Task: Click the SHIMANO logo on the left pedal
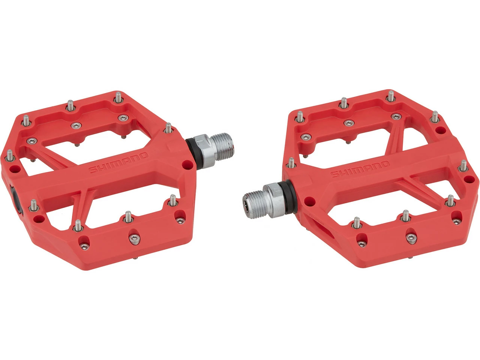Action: point(118,163)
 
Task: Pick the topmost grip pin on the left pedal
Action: point(118,97)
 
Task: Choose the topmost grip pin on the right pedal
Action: point(391,96)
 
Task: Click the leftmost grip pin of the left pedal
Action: point(9,155)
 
